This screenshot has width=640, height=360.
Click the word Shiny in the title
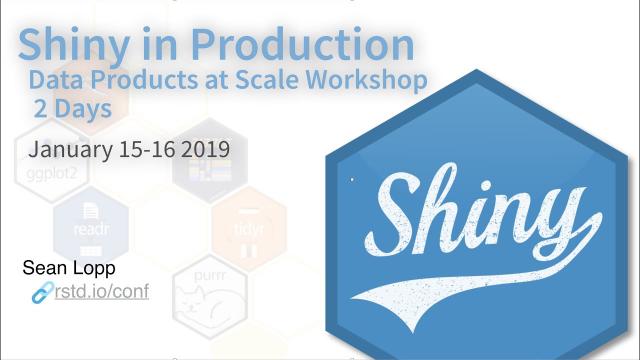pyautogui.click(x=78, y=45)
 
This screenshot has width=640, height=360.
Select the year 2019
pyautogui.click(x=207, y=150)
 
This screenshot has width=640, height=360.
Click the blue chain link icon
pyautogui.click(x=43, y=292)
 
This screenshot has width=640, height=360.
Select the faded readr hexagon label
pyautogui.click(x=90, y=229)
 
